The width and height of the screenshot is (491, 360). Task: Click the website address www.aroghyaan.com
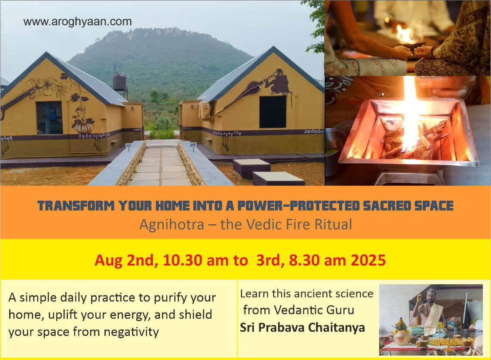tap(77, 22)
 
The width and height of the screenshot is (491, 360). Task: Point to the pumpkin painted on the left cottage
tap(83, 127)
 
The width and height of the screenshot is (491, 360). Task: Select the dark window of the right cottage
tap(273, 112)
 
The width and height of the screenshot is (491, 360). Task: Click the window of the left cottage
tap(50, 118)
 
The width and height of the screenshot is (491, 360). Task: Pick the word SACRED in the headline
tap(387, 205)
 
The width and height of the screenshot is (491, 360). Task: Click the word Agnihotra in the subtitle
tap(172, 225)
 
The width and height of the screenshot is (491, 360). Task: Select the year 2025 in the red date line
tap(368, 260)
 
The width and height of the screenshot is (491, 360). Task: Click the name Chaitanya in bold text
tap(336, 327)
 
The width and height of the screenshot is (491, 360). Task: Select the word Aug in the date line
tap(109, 261)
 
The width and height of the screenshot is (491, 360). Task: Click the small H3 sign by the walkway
tap(128, 145)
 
